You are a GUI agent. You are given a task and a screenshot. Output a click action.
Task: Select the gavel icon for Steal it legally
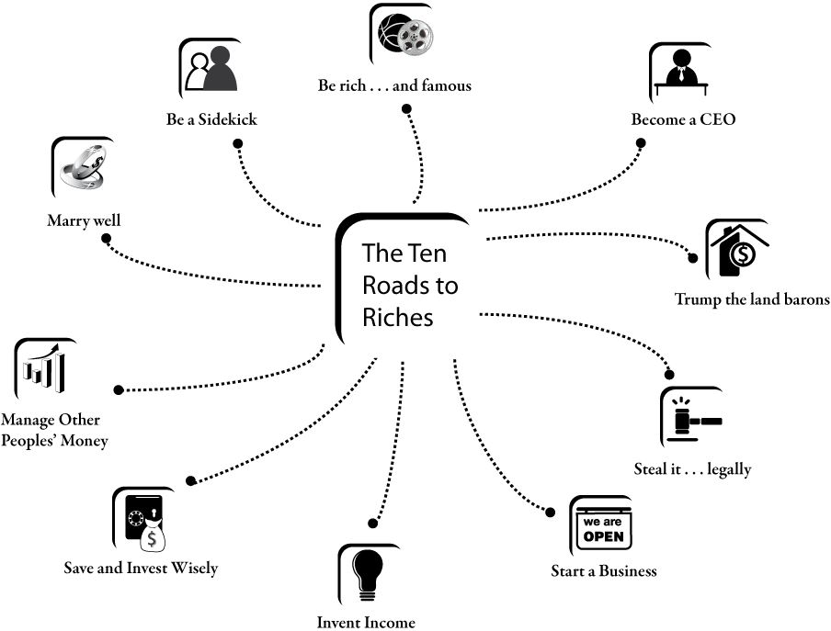pos(693,419)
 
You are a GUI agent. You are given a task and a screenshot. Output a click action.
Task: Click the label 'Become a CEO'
pos(683,119)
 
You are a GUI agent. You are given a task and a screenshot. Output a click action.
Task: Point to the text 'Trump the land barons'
pos(752,299)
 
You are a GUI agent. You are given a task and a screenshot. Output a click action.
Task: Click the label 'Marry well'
pos(84,220)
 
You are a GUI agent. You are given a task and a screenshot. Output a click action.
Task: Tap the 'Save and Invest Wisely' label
pos(141,568)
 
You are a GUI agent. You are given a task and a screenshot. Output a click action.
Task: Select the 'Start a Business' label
pos(604,570)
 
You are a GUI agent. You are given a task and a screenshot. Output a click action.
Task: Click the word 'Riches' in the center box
pos(397,317)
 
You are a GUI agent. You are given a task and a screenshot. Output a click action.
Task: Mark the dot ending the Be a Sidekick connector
pos(238,143)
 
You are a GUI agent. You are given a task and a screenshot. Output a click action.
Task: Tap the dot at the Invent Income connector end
pos(372,524)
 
